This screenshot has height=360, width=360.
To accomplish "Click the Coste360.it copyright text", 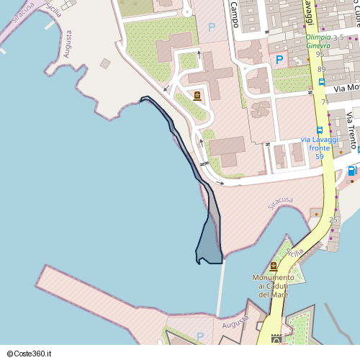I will point(33,353).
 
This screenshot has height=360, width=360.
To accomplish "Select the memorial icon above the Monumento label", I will point(274,266).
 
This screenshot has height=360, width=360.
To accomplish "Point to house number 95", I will point(320,54).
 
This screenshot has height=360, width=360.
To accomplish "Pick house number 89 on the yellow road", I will point(321,69).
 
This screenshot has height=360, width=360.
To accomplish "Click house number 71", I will point(325,102).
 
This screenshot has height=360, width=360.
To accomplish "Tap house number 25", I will point(333,220).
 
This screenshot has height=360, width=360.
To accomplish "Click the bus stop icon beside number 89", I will point(321,81).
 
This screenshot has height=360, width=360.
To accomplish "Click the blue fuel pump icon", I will point(351,171).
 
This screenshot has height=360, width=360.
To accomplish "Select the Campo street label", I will point(234,13).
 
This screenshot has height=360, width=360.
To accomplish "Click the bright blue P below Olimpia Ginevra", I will point(279,60).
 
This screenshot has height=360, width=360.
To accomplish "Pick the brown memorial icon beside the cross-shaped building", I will point(197,96).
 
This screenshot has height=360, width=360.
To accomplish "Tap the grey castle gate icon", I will point(276,338).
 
